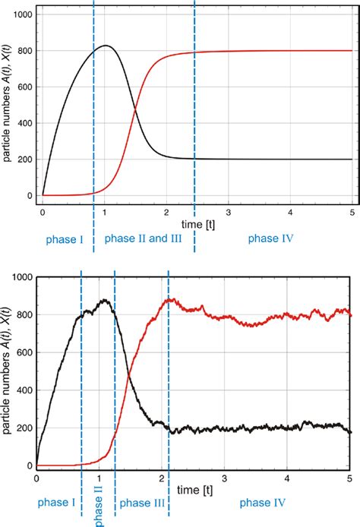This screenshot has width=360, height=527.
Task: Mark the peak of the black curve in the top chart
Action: coord(106,46)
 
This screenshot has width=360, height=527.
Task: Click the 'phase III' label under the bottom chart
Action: coord(141,502)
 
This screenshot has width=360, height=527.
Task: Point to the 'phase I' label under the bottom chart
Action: coord(55,502)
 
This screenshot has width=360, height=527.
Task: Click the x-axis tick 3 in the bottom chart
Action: coord(224,478)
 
